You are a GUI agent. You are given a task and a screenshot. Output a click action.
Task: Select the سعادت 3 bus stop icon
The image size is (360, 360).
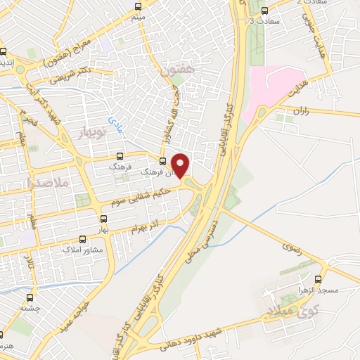[264, 11]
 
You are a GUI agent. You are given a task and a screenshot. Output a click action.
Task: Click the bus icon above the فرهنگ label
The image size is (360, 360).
[119, 157]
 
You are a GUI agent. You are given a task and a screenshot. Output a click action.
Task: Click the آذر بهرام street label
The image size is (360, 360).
[146, 226]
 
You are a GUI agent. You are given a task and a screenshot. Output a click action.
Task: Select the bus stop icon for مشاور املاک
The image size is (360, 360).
[84, 239]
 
